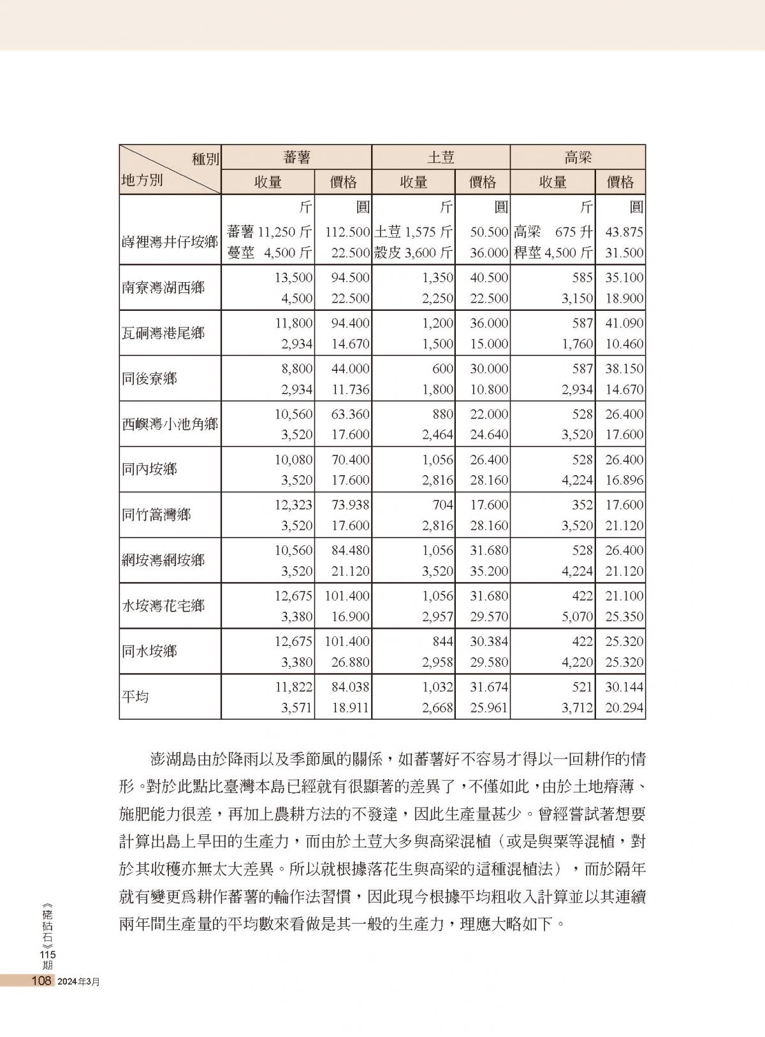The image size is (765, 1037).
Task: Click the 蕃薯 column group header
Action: [296, 157]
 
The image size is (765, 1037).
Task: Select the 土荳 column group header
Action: [441, 157]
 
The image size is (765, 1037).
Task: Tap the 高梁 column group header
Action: [578, 157]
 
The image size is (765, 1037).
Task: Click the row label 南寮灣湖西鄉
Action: [163, 287]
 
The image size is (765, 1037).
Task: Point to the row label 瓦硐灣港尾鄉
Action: [163, 333]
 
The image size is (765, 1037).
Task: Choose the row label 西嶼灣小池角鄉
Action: [170, 424]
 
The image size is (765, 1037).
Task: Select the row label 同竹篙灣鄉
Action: [156, 514]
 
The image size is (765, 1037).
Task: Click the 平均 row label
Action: [135, 696]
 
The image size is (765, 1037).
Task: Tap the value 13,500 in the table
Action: [293, 278]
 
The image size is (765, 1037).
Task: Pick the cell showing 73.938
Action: [350, 505]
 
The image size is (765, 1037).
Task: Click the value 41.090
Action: [624, 323]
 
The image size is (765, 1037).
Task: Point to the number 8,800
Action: [296, 369]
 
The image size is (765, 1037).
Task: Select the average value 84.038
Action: [350, 687]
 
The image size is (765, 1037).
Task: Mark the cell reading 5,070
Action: [578, 617]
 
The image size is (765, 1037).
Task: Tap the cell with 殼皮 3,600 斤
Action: [413, 253]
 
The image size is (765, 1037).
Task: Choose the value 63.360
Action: [350, 414]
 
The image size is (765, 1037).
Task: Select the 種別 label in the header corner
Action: [205, 159]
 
